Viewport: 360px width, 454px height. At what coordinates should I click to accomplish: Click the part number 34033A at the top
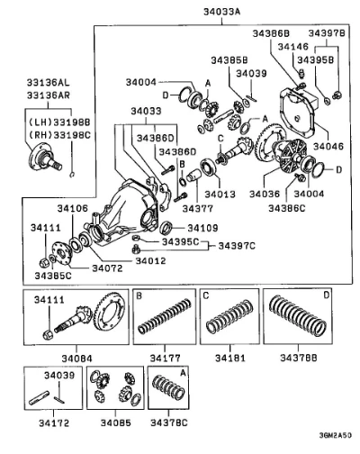[x=222, y=12]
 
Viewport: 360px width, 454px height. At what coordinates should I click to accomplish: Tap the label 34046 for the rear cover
[x=328, y=146]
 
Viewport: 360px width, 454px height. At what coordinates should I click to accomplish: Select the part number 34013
[x=220, y=194]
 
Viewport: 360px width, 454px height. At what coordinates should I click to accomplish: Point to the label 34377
[x=198, y=208]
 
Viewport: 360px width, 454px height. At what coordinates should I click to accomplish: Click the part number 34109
[x=202, y=228]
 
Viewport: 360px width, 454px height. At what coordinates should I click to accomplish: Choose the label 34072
[x=107, y=268]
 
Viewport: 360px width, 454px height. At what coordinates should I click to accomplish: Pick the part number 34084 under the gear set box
[x=76, y=359]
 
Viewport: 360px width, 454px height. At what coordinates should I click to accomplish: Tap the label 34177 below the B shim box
[x=166, y=358]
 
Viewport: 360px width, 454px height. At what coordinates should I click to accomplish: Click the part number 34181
[x=230, y=358]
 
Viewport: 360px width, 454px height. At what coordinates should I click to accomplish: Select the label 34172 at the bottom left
[x=54, y=423]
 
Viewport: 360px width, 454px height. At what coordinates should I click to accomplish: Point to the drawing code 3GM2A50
[x=335, y=436]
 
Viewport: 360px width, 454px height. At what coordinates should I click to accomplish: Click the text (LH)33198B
[x=59, y=123]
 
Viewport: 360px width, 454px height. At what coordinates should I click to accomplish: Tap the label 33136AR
[x=49, y=95]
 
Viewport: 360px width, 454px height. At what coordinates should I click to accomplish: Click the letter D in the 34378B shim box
[x=327, y=295]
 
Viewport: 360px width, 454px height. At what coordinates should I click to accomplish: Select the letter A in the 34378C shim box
[x=183, y=373]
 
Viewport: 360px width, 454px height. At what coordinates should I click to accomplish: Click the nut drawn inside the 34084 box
[x=47, y=334]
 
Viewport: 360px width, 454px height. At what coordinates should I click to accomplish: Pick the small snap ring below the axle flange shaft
[x=72, y=174]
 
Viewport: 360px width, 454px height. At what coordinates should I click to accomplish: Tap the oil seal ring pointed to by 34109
[x=166, y=228]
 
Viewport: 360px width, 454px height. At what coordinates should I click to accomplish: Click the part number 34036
[x=265, y=194]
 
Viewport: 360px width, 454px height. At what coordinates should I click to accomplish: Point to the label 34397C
[x=237, y=246]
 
